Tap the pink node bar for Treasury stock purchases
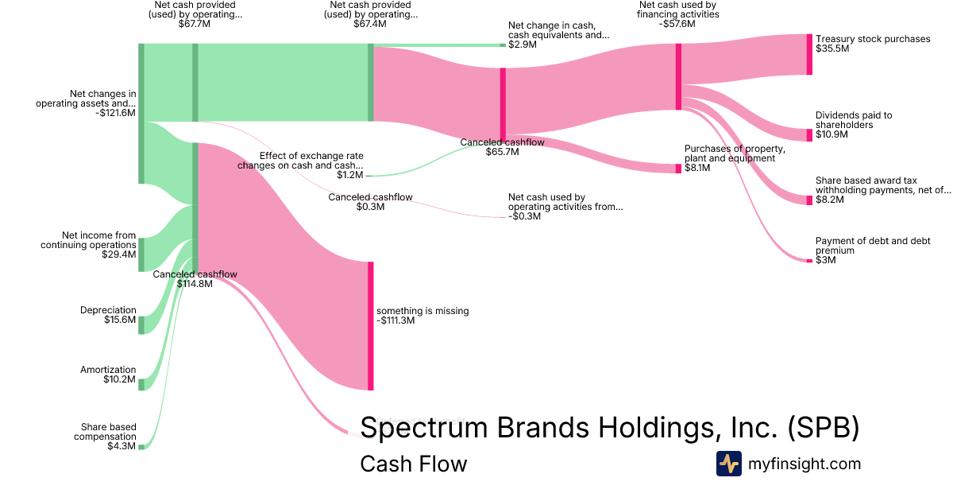coord(809,54)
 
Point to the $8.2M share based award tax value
coord(830,200)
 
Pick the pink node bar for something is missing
coord(370,325)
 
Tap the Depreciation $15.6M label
coord(108,315)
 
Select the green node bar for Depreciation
coord(141,324)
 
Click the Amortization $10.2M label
coord(108,375)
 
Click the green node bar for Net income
coord(141,254)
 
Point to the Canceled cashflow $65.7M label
coord(502,147)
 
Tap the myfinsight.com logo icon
coord(728,464)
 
